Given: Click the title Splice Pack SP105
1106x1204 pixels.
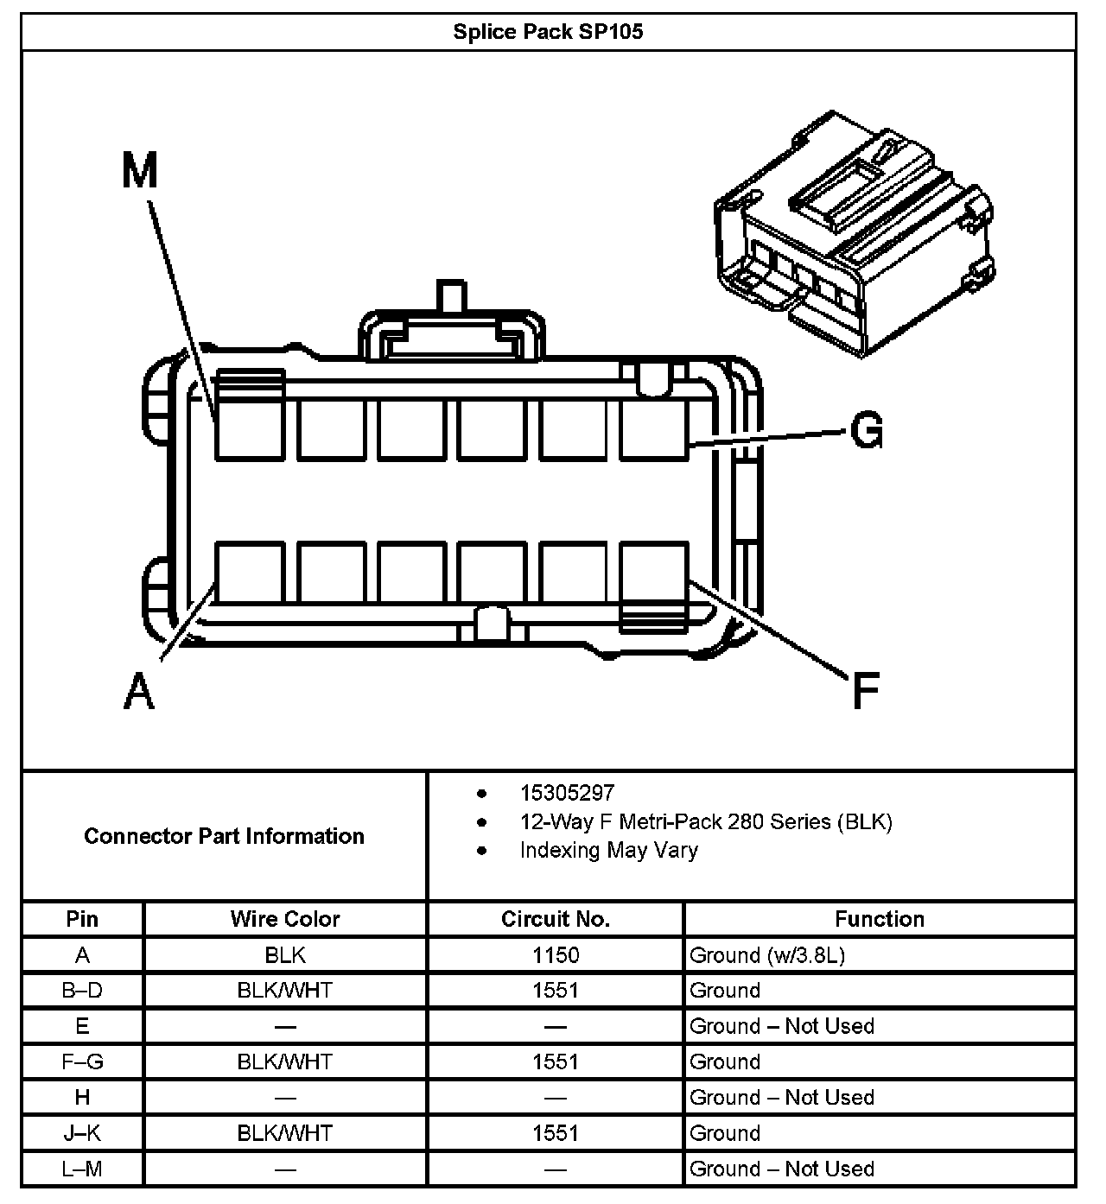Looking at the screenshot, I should click(548, 32).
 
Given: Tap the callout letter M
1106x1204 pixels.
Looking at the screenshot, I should click(140, 170).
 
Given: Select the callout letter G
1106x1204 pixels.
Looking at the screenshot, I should click(866, 429).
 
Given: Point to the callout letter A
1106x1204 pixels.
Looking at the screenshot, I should click(139, 692).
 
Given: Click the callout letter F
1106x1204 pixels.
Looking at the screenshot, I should click(865, 691).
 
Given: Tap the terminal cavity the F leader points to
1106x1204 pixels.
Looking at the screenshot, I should click(654, 572).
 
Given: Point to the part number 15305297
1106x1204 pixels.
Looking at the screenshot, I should click(567, 793).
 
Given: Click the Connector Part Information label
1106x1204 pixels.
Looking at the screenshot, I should click(224, 836).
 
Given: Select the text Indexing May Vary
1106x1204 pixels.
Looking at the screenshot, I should click(608, 850).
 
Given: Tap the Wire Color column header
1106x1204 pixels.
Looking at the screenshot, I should click(285, 919).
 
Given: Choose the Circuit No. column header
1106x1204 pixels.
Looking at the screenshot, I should click(556, 919).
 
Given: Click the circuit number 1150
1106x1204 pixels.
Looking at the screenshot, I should click(556, 955).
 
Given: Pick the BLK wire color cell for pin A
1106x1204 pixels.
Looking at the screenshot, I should click(285, 955).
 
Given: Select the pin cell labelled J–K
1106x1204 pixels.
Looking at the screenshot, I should click(82, 1133).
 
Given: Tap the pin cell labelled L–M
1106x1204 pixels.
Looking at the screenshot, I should click(82, 1169).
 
